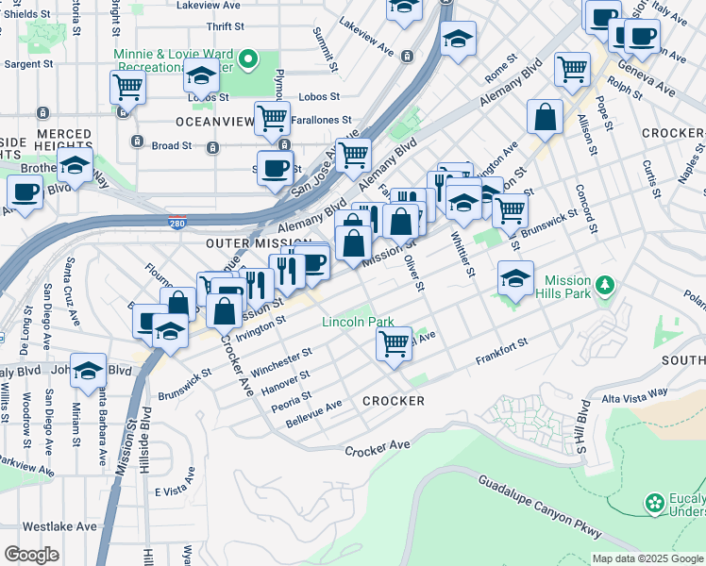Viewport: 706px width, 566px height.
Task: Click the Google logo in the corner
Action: pos(32,555)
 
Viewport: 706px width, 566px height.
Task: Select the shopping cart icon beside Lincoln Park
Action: pos(394,341)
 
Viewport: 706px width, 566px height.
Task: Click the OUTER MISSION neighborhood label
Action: pos(244,242)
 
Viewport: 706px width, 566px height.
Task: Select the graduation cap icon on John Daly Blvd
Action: pos(88,371)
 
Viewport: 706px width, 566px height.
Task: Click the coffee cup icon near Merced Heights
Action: pos(25,191)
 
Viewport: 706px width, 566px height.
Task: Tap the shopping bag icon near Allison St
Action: pos(546,117)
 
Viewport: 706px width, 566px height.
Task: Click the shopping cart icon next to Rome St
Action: pos(572,68)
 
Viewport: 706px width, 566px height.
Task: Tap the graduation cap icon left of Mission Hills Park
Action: pos(515,278)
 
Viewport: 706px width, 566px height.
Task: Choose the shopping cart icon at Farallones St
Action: pos(272,118)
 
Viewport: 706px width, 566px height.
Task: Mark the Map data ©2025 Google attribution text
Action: pos(647,558)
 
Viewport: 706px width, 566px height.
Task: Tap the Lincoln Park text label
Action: pos(358,322)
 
